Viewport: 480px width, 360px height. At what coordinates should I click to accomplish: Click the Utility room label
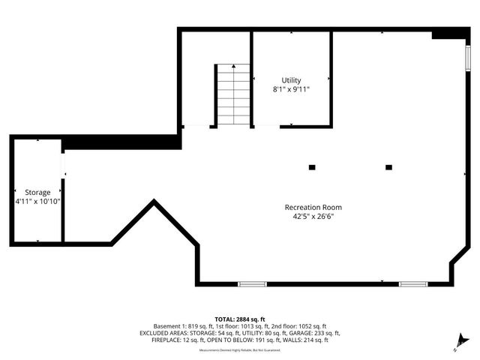click(x=291, y=80)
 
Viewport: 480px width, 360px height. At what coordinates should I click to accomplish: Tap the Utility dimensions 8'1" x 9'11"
click(x=291, y=89)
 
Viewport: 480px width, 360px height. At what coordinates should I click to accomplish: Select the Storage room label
click(x=37, y=193)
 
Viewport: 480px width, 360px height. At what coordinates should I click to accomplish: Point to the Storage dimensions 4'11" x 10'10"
click(x=37, y=202)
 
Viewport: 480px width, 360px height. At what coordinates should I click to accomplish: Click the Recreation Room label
click(x=313, y=208)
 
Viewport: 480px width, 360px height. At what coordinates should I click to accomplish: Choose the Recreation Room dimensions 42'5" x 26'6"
click(x=313, y=217)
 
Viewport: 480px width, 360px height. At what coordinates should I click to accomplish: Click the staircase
click(x=233, y=94)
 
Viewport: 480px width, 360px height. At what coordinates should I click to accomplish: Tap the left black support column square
click(x=313, y=167)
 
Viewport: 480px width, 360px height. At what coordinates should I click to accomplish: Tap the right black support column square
click(x=388, y=167)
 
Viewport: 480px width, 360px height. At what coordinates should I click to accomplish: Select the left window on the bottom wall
click(x=252, y=283)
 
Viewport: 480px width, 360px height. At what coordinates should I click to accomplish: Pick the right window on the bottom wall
click(x=412, y=283)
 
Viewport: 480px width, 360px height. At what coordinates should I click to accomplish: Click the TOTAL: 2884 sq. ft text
click(x=240, y=319)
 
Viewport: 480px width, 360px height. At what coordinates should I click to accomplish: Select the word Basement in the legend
click(x=166, y=326)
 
